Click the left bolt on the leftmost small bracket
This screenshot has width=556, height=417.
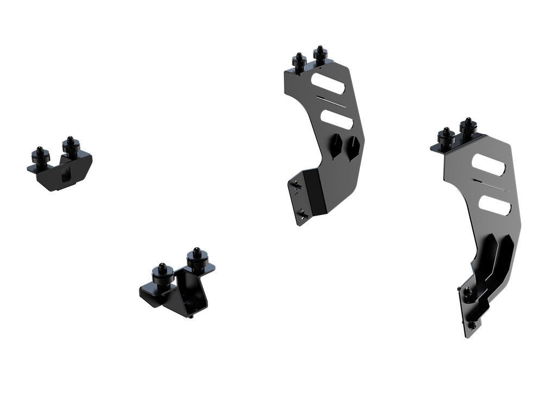[x=40, y=156]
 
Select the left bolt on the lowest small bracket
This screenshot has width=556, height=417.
[x=163, y=273]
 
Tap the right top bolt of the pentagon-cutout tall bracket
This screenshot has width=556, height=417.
[x=319, y=55]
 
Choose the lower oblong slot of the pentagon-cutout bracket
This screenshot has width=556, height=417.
[x=337, y=118]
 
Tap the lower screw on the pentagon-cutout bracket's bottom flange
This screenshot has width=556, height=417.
[x=302, y=215]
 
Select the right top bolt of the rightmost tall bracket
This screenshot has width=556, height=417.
[x=467, y=127]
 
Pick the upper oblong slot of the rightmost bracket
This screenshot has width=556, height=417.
[x=488, y=165]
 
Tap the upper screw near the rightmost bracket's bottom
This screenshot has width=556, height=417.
[x=468, y=293]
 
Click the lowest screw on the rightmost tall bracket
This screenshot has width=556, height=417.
[x=471, y=325]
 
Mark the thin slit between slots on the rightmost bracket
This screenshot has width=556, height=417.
[x=491, y=185]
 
